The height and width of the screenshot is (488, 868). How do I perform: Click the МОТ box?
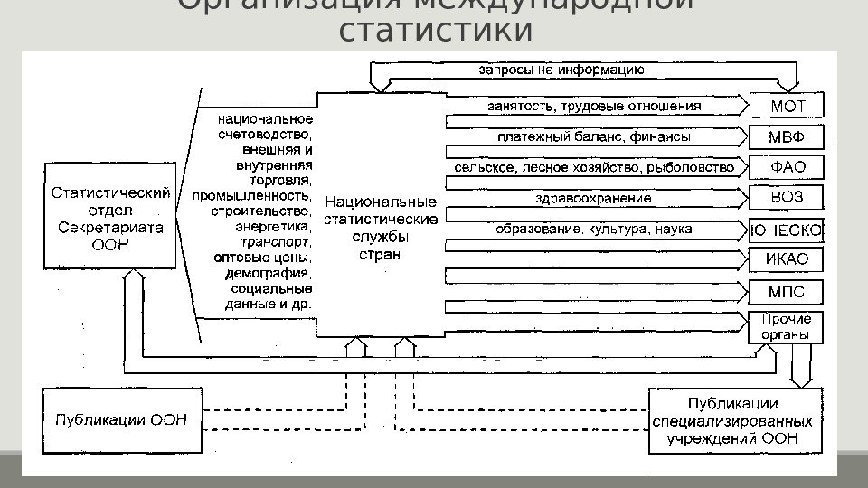coord(786,107)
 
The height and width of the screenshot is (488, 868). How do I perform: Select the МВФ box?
coord(786,137)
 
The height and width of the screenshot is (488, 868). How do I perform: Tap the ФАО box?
coord(786,167)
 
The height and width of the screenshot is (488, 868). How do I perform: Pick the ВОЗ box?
coord(786,198)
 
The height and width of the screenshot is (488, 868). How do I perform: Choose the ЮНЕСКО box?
coord(786,230)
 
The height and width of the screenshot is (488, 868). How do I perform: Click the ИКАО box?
coord(786,260)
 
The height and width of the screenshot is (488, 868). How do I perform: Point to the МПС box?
coord(786,292)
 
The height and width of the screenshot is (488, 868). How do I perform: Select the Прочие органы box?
coord(786,326)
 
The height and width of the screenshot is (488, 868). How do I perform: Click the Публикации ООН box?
coord(122,419)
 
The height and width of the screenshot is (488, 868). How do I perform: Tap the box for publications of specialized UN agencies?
coord(735,420)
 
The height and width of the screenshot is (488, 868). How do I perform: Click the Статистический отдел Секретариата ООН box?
coord(109,217)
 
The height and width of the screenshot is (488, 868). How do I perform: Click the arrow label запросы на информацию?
coord(561,69)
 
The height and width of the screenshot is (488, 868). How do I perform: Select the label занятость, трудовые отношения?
coord(594,107)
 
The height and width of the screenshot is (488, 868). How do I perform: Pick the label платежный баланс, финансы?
coord(594,138)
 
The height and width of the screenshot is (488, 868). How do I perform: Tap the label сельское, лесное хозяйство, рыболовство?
coord(594,168)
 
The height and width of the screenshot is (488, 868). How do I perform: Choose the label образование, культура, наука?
coord(594,230)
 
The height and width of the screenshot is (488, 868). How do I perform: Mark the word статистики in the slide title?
coord(434,30)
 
